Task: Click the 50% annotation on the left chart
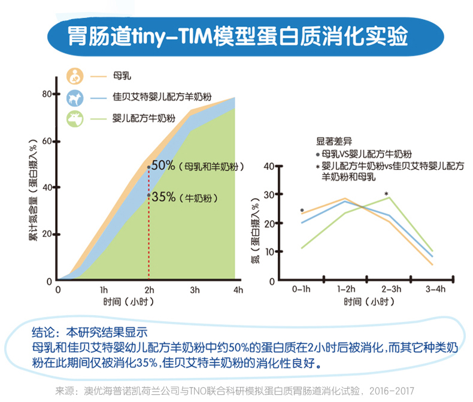(163, 166)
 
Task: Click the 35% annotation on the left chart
(163, 196)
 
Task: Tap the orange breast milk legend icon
(74, 76)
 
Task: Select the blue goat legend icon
(74, 97)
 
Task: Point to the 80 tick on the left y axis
(47, 95)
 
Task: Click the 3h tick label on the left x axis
(194, 290)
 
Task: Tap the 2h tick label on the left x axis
(148, 290)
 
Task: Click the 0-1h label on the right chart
(301, 289)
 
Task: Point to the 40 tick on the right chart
(269, 166)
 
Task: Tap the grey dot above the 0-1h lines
(302, 210)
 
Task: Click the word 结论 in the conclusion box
(44, 331)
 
